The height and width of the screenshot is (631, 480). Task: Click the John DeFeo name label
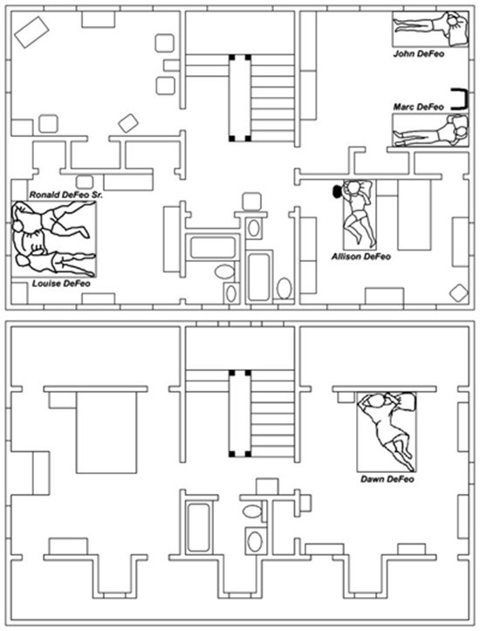[x=419, y=53]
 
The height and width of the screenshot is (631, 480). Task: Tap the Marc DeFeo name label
[x=418, y=107]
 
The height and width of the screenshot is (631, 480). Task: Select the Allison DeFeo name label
[x=361, y=257]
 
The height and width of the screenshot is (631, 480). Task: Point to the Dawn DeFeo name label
[x=387, y=479]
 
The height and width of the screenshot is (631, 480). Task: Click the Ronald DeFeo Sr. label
[x=66, y=195]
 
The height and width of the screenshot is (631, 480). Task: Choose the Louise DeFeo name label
[x=61, y=284]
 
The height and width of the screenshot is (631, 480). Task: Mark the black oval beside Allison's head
[x=336, y=191]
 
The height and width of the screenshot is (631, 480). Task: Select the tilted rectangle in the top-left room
[x=31, y=32]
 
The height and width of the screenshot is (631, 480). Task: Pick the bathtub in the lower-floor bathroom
[x=198, y=527]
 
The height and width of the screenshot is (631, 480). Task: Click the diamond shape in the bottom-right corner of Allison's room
[x=459, y=292]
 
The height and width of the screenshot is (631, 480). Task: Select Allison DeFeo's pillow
[x=364, y=189]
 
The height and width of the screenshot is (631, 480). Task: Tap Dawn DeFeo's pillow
[x=404, y=401]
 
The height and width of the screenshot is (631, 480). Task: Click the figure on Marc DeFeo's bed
[x=429, y=131]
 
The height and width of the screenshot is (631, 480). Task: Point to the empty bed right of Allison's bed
[x=414, y=215]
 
